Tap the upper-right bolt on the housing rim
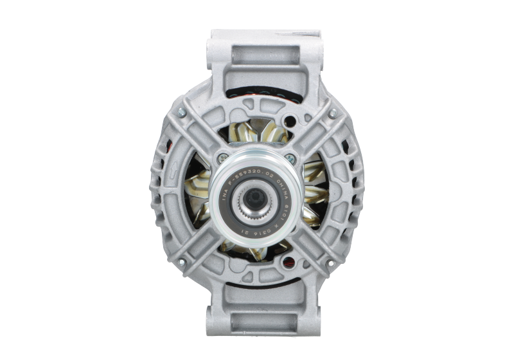point(332,113)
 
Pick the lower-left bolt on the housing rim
point(182,263)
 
